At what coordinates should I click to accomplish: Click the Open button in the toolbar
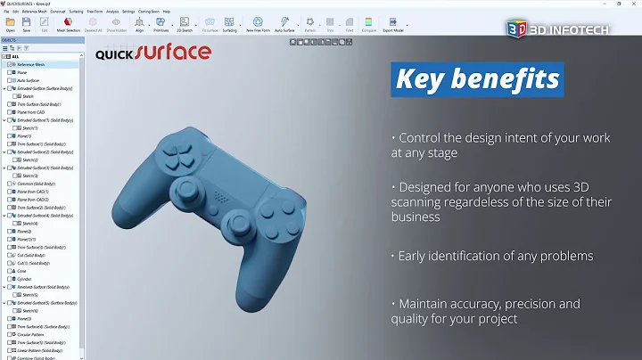(x=10, y=24)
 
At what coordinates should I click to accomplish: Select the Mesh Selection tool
(x=69, y=24)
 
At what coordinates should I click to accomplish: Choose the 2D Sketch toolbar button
(x=185, y=24)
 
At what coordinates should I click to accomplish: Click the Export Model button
(x=393, y=24)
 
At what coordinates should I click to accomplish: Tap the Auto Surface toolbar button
(x=284, y=24)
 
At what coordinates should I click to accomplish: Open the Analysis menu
(x=112, y=11)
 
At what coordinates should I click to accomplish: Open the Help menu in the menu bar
(x=166, y=11)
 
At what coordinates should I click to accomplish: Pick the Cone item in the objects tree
(x=21, y=271)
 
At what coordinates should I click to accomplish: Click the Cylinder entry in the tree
(x=24, y=279)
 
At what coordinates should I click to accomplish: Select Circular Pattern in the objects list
(x=30, y=334)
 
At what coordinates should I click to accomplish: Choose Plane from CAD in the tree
(x=30, y=112)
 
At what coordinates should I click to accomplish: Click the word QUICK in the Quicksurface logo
(x=116, y=53)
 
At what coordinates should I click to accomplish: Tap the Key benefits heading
(x=477, y=79)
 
